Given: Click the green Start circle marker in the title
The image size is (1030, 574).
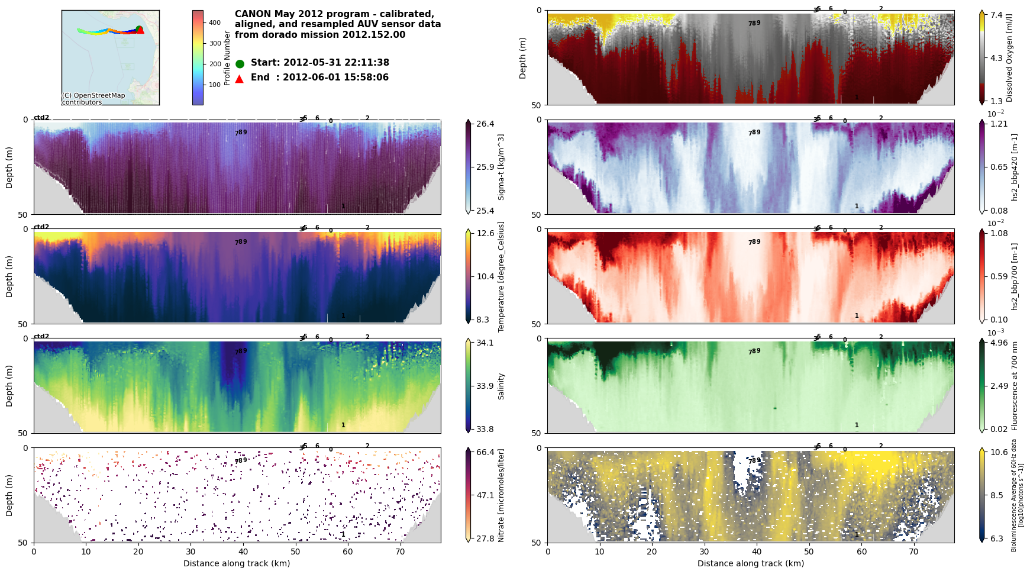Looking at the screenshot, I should click(240, 64).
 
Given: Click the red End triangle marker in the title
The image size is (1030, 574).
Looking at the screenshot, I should click(240, 79).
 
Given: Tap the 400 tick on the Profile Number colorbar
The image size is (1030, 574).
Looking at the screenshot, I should click(215, 23).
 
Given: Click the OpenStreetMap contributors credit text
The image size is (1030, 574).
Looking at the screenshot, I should click(93, 99).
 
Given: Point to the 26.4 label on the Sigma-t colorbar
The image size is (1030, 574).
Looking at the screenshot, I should click(485, 124).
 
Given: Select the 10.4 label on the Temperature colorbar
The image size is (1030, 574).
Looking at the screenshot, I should click(485, 276).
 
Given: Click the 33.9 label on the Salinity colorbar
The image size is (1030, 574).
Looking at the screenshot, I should click(485, 386).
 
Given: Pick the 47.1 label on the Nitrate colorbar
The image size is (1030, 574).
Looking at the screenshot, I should click(485, 495).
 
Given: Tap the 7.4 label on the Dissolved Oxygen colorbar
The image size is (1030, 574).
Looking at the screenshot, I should click(997, 15).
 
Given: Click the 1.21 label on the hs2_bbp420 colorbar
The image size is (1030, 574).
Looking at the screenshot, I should click(999, 124).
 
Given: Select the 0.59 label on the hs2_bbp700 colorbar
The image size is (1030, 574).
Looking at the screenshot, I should click(999, 276).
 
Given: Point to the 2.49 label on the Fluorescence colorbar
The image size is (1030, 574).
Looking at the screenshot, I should click(999, 386).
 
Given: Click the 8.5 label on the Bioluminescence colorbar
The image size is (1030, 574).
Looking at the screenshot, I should click(997, 495).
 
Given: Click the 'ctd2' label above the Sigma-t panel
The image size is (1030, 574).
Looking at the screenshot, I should click(41, 117).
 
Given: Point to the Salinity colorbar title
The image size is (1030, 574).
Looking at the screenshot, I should click(502, 386).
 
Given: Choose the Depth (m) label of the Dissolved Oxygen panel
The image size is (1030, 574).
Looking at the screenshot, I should click(523, 58).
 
